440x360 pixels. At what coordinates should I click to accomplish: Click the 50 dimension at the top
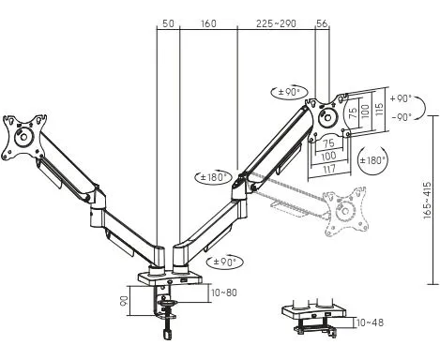[x=168, y=23]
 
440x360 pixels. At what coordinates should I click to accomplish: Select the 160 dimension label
[x=208, y=23]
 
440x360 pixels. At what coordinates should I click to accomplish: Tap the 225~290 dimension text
[x=276, y=23]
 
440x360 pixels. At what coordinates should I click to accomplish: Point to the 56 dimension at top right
[x=322, y=23]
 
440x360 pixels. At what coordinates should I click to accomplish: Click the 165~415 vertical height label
[x=427, y=200]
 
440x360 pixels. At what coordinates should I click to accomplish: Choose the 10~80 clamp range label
[x=224, y=292]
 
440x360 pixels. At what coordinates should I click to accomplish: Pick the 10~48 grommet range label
[x=370, y=322]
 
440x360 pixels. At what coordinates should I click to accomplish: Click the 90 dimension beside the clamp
[x=125, y=301]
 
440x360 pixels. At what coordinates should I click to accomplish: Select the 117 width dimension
[x=329, y=169]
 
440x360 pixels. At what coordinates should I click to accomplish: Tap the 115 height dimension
[x=379, y=110]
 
